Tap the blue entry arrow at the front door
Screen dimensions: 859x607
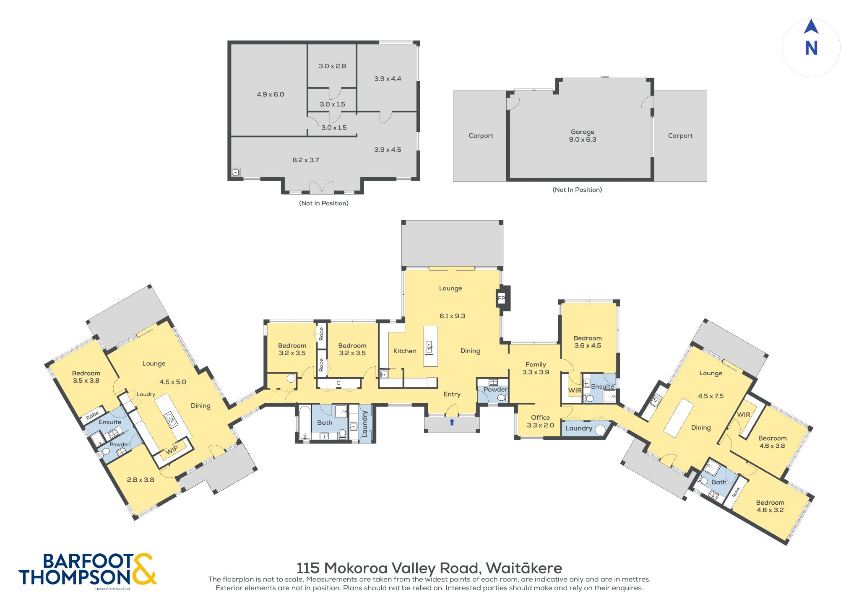[x=452, y=422]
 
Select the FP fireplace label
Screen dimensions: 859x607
[x=501, y=298]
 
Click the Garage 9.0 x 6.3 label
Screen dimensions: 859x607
[x=583, y=135]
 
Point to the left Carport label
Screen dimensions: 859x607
[x=481, y=136]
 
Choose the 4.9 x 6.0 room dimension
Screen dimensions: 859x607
[x=271, y=94]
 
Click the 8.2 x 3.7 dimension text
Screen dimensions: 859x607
[x=306, y=160]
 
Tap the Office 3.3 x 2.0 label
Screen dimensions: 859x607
[x=540, y=421]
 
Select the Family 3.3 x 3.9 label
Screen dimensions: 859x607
[x=536, y=368]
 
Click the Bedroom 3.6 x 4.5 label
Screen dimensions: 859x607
[x=588, y=342]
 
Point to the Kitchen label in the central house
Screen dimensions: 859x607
[x=405, y=351]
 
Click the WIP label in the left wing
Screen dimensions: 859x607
[x=172, y=450]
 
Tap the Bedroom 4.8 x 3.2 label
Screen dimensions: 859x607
[x=770, y=506]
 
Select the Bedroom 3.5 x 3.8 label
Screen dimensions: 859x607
[x=86, y=377]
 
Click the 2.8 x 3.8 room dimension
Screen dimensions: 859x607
[x=141, y=480]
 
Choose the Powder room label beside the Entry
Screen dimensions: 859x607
[x=495, y=389]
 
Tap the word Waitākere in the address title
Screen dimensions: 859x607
[x=524, y=568]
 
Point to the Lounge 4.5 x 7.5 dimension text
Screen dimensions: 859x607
[x=711, y=396]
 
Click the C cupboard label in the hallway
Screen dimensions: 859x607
[x=338, y=383]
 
